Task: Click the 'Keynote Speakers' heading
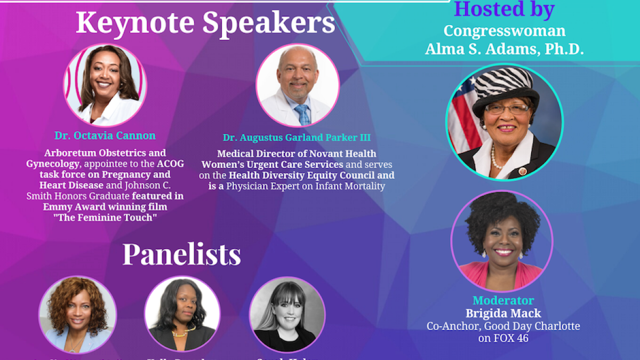coord(205,23)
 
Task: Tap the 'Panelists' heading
coord(181,255)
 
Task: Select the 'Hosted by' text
coord(503,9)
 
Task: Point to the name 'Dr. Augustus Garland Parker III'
coord(297,138)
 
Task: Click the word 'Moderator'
coord(502,300)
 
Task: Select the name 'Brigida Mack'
coord(502,313)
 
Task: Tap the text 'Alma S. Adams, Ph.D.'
coord(504,49)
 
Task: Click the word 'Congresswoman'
coord(504,31)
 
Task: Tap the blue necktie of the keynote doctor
coord(302,114)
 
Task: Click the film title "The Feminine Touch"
coord(105,218)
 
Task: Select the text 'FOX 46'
coord(503,338)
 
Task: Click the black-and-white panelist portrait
coord(287,315)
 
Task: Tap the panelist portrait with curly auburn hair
coord(77,315)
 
